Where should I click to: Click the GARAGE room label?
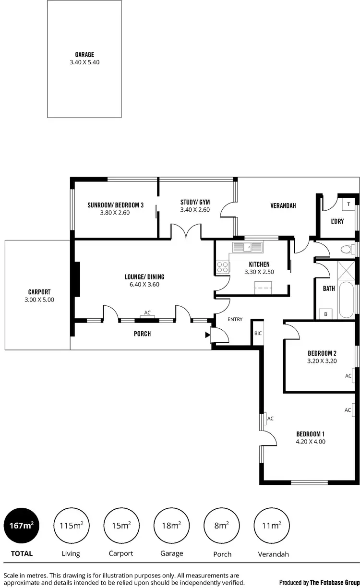84,55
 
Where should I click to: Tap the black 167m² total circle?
22,526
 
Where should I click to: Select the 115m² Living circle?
71,526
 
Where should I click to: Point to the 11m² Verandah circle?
272,526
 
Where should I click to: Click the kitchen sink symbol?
248,247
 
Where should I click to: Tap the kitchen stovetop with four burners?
222,267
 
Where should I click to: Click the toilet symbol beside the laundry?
345,249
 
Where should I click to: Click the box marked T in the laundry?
348,204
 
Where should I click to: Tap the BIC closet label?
258,333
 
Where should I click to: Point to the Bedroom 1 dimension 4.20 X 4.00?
311,441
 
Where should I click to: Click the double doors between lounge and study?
186,232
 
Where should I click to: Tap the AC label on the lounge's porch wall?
147,313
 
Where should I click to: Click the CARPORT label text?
39,292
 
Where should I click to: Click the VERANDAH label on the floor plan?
283,206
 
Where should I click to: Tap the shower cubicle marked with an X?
345,267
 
